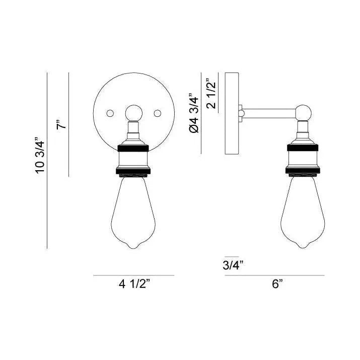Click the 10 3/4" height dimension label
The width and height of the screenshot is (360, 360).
[40, 155]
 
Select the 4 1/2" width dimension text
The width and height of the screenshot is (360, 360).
[134, 285]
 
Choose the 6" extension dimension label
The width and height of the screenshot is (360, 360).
[276, 284]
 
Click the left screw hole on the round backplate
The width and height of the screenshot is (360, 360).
[112, 112]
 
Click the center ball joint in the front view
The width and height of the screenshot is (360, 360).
[134, 112]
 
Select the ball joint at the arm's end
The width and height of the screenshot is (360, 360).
[303, 112]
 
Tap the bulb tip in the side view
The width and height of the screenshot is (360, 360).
[303, 247]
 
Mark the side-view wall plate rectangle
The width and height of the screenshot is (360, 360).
[232, 113]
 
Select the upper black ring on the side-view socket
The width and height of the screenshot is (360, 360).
[303, 149]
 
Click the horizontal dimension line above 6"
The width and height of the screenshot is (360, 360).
[275, 275]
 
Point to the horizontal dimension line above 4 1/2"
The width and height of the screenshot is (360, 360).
[134, 275]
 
